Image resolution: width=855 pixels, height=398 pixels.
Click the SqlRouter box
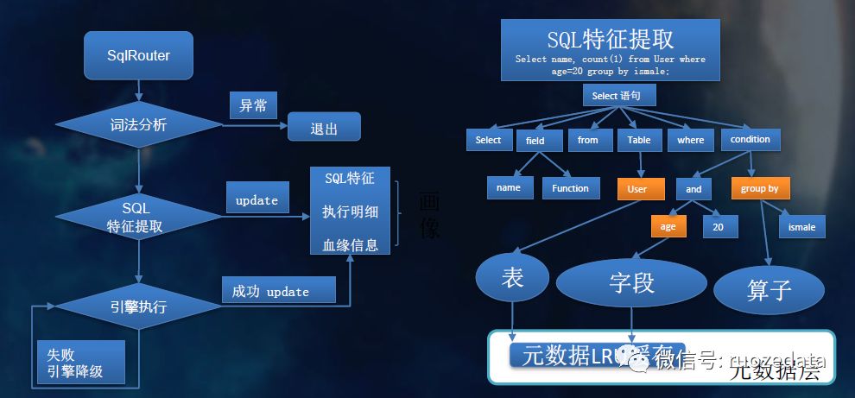[x=138, y=56]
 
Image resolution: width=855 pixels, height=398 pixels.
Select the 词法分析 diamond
[x=138, y=125]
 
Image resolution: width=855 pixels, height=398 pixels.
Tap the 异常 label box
[x=253, y=106]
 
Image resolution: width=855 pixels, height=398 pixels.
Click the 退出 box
[x=324, y=130]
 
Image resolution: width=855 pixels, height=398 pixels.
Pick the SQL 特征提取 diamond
[x=138, y=217]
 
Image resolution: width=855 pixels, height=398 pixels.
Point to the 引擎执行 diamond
[x=138, y=306]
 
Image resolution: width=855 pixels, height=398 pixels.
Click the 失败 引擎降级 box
[x=81, y=362]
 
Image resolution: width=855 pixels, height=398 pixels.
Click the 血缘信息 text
[x=350, y=244]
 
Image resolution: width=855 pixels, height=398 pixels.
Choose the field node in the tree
[x=536, y=141]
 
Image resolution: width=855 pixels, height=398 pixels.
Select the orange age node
[x=668, y=227]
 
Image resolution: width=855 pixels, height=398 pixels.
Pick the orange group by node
[x=759, y=189]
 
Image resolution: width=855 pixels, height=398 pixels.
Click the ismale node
[x=801, y=228]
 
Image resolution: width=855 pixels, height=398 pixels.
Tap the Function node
[x=571, y=188]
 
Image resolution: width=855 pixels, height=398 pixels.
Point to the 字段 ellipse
[x=632, y=282]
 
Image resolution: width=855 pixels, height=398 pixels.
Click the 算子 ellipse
[x=767, y=288]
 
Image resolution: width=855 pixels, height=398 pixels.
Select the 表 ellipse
[x=513, y=277]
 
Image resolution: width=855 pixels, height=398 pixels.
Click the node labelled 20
[x=719, y=227]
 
